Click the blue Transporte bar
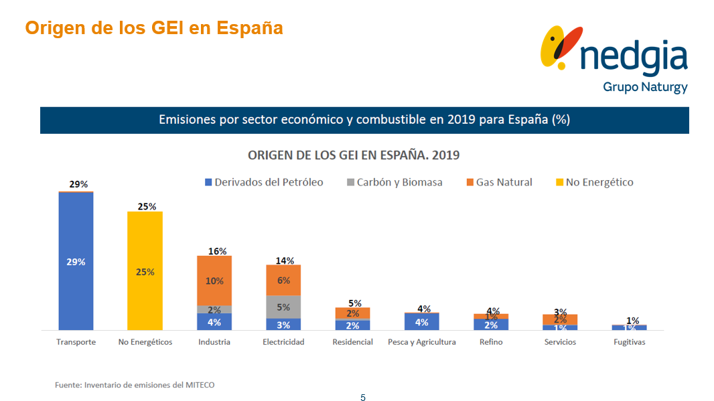(x=76, y=261)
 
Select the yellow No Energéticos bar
(x=145, y=271)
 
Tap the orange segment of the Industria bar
(x=214, y=280)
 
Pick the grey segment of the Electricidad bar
(x=283, y=307)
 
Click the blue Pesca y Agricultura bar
(x=422, y=321)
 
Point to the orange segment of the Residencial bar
(x=352, y=313)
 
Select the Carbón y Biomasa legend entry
(x=395, y=182)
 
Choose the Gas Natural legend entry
(x=499, y=182)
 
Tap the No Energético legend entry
(x=594, y=182)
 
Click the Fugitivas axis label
(x=630, y=342)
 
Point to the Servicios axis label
(x=560, y=342)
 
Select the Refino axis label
(x=491, y=342)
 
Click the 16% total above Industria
(x=214, y=251)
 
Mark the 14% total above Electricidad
(x=285, y=260)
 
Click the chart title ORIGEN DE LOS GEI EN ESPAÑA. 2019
(x=354, y=155)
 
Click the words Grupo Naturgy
(x=645, y=86)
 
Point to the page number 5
(x=363, y=398)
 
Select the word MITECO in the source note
(x=200, y=385)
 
